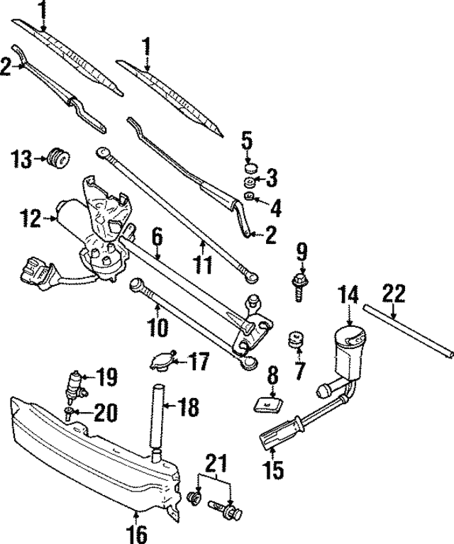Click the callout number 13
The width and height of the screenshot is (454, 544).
[22, 159]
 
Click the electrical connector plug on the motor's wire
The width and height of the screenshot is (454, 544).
[37, 271]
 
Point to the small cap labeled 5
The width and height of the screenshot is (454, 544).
[250, 168]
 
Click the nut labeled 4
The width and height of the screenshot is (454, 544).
[249, 196]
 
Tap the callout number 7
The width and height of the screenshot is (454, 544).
[299, 370]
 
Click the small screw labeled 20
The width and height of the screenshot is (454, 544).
[68, 412]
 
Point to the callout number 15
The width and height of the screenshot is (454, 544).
[272, 469]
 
